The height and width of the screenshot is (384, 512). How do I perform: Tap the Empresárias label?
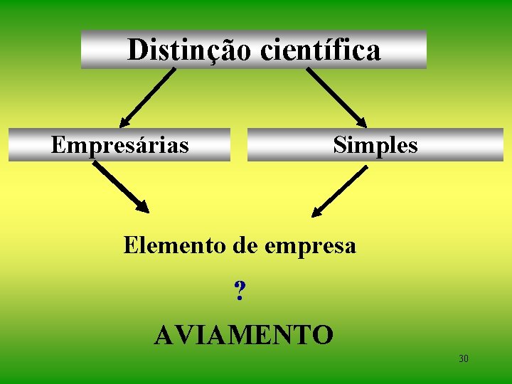pos(120,145)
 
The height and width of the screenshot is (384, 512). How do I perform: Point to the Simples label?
pos(375,145)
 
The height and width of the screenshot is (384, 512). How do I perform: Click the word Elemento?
pos(175,246)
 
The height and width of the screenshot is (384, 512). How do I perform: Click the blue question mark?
pos(240,290)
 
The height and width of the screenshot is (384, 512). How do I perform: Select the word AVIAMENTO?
pos(243,334)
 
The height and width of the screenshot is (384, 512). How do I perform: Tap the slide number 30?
pos(464,358)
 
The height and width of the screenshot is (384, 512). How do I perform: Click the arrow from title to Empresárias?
pos(147,97)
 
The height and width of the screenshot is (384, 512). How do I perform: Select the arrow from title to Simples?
pos(336,97)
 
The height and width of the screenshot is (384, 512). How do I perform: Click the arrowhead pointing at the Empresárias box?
pos(125,122)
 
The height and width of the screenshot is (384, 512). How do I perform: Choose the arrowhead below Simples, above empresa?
pos(318,210)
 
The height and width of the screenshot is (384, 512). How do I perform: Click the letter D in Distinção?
pos(137,50)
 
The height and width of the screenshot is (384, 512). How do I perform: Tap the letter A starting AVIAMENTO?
pos(164,334)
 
